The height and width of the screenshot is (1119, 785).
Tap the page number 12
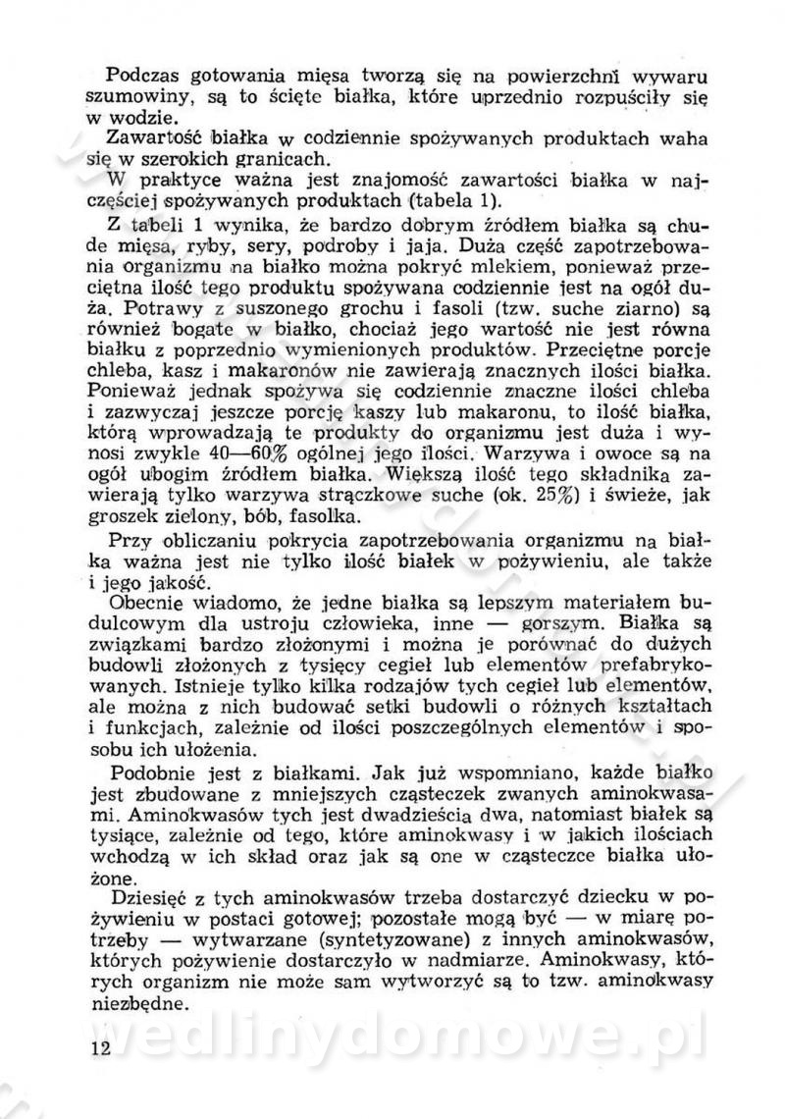coord(100,1047)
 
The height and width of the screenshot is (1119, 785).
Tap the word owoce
coord(603,455)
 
